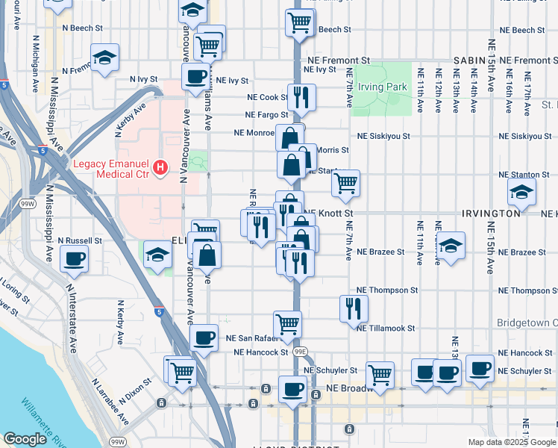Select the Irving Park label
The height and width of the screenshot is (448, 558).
point(381,87)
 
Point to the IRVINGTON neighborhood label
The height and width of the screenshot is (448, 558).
point(491,214)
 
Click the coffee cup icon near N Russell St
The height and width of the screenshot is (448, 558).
point(73,259)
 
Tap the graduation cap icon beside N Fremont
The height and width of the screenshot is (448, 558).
point(105,57)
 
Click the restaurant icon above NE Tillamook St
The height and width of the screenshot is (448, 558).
point(354,307)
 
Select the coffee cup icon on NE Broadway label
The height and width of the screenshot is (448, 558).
point(292,389)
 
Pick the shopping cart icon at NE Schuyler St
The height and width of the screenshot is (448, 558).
point(380,373)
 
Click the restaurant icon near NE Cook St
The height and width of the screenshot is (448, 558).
point(302,96)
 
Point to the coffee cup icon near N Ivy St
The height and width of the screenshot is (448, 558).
point(196,75)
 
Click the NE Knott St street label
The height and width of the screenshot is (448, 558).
point(328,214)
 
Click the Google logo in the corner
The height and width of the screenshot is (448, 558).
point(25,439)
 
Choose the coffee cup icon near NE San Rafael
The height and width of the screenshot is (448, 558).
point(204,337)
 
